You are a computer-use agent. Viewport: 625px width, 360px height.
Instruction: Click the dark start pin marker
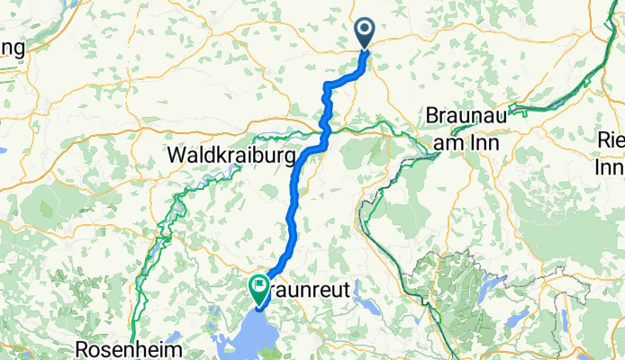coord(365,33)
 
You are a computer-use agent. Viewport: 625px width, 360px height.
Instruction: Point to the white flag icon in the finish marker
coord(259,288)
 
